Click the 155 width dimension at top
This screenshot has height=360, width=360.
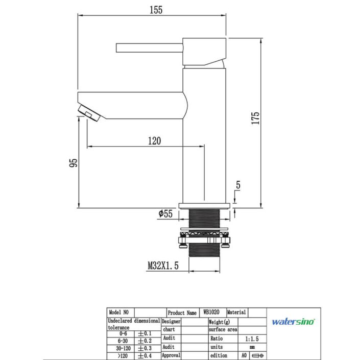(x=156, y=10)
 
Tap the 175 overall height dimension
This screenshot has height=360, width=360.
(x=255, y=118)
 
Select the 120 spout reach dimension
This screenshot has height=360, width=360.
(x=155, y=141)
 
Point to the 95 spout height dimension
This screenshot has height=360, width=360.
(x=74, y=163)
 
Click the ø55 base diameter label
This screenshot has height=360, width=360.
(x=165, y=213)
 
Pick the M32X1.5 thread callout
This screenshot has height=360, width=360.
(x=163, y=266)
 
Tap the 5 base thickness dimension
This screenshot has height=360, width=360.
(x=238, y=185)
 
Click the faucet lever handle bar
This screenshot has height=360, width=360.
(x=150, y=48)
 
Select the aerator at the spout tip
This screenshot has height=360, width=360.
(x=89, y=112)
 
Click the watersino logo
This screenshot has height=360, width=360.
(x=294, y=321)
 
